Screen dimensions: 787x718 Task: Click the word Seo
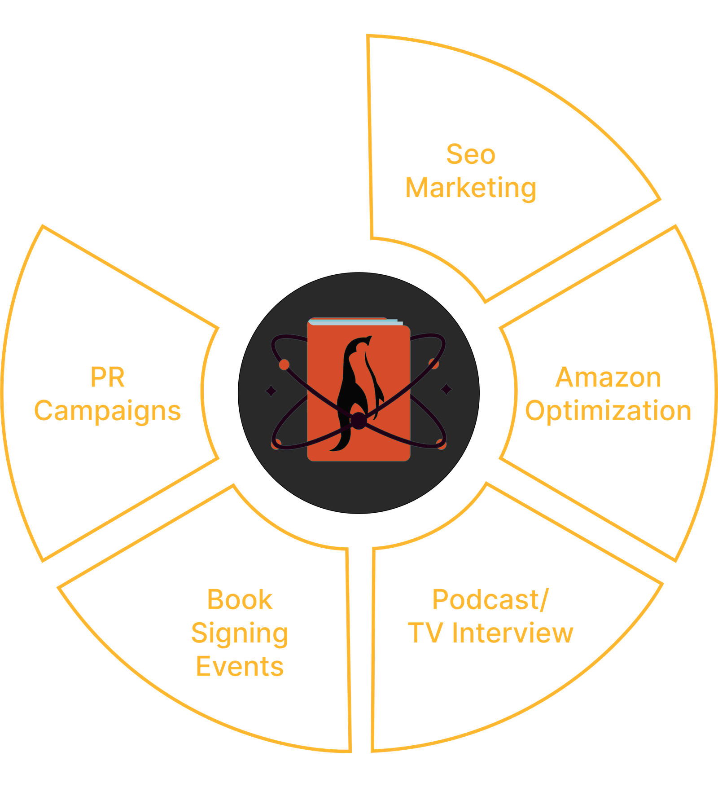(471, 154)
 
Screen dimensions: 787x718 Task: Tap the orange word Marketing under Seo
(471, 188)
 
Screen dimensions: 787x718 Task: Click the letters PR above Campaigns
(107, 377)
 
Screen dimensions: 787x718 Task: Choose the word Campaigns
(107, 411)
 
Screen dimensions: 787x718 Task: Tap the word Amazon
(608, 377)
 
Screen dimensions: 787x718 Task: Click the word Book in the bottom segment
(240, 600)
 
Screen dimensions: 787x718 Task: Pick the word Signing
(240, 633)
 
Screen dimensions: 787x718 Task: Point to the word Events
(240, 667)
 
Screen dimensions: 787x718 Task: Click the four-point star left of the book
(271, 391)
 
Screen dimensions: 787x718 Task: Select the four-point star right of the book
(446, 389)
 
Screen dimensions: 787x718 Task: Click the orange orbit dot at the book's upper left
(284, 365)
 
